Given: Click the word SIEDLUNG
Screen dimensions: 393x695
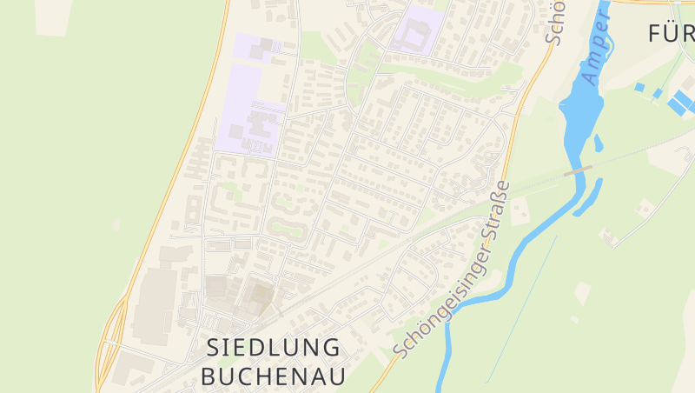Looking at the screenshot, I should (x=273, y=348).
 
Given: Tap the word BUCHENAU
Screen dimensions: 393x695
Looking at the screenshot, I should (x=273, y=376).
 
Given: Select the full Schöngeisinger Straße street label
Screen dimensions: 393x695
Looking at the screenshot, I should (x=452, y=270).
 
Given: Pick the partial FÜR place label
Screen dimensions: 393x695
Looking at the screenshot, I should (x=672, y=33).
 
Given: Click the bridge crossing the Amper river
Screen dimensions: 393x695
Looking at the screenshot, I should (x=578, y=171).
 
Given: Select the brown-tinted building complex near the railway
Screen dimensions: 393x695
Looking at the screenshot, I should (x=258, y=296).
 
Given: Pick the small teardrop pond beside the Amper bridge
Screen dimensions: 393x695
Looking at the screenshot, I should (x=599, y=143).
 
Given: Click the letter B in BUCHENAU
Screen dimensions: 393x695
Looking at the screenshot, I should (x=208, y=376).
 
